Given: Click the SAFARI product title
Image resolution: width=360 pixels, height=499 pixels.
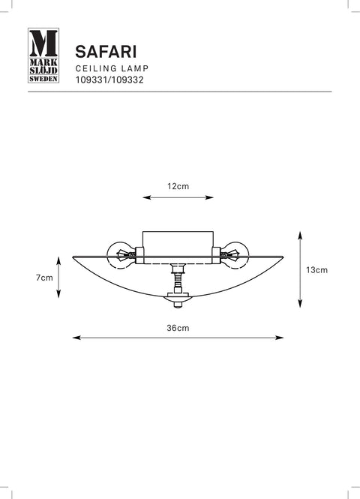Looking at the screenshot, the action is pyautogui.click(x=106, y=52).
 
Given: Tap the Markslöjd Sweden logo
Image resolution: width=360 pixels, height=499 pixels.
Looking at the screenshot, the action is pyautogui.click(x=43, y=56).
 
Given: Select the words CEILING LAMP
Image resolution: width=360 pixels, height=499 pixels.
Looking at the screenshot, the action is pyautogui.click(x=112, y=68).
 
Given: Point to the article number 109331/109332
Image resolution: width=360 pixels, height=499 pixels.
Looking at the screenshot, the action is pyautogui.click(x=109, y=80).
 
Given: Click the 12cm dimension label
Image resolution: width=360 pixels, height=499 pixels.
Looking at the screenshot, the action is pyautogui.click(x=178, y=186).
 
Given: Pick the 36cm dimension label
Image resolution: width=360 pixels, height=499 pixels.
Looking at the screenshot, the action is pyautogui.click(x=178, y=328).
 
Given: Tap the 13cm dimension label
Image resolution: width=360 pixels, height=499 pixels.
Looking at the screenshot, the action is pyautogui.click(x=316, y=270).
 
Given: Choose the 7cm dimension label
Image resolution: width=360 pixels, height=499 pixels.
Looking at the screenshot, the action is pyautogui.click(x=44, y=278).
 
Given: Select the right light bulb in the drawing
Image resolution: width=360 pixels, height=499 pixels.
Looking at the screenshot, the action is pyautogui.click(x=235, y=255).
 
